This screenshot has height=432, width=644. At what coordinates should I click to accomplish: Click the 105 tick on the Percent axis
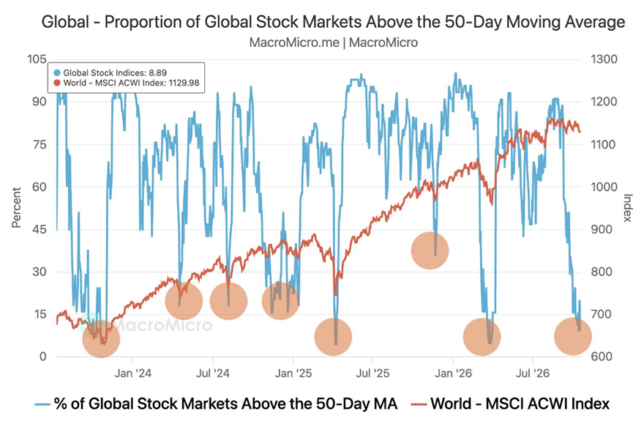pyautogui.click(x=37, y=59)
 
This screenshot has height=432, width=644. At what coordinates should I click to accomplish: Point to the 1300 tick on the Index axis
pyautogui.click(x=604, y=59)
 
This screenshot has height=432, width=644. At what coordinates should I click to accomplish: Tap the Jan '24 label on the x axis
pyautogui.click(x=132, y=373)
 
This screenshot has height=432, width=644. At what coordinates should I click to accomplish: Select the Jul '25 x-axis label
pyautogui.click(x=372, y=373)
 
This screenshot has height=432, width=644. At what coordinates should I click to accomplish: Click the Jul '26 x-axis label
pyautogui.click(x=532, y=373)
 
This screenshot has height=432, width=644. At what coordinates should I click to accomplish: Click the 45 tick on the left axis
pyautogui.click(x=40, y=229)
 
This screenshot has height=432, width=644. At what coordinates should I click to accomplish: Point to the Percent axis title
pyautogui.click(x=16, y=207)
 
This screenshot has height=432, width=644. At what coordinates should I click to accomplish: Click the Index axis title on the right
pyautogui.click(x=627, y=207)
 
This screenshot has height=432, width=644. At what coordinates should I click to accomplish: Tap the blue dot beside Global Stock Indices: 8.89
pyautogui.click(x=57, y=73)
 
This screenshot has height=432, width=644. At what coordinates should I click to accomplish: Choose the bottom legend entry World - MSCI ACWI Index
pyautogui.click(x=510, y=403)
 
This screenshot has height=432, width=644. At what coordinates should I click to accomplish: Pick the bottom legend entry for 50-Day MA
pyautogui.click(x=216, y=403)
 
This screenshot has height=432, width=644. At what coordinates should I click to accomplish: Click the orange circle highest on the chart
pyautogui.click(x=430, y=250)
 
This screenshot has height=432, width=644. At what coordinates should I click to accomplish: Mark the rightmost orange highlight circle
pyautogui.click(x=573, y=336)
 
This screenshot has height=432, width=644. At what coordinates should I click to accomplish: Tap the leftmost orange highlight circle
pyautogui.click(x=101, y=339)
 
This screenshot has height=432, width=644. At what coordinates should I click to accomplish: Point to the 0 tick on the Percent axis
pyautogui.click(x=43, y=357)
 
